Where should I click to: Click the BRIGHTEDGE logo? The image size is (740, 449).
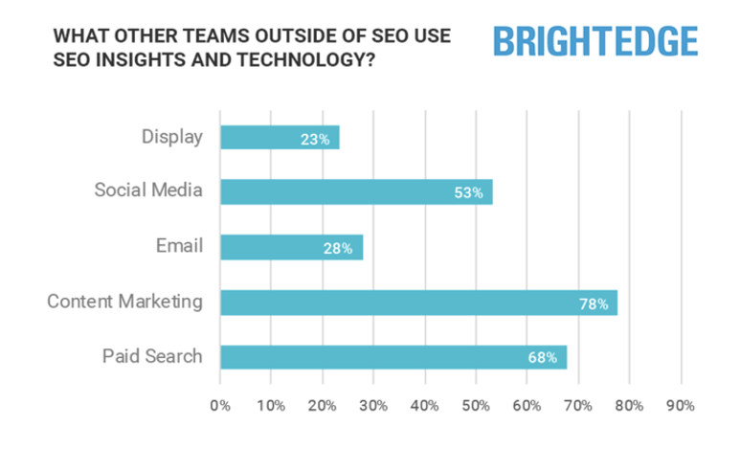[594, 41]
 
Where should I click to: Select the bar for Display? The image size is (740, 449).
[280, 137]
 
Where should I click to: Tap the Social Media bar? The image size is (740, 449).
[356, 191]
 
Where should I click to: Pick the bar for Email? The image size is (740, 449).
[291, 247]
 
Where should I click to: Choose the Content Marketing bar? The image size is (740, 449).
[418, 303]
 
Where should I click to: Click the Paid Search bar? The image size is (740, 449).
[392, 357]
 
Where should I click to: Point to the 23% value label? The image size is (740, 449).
[314, 138]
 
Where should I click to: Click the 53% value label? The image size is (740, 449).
[467, 192]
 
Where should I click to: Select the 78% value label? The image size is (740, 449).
[594, 303]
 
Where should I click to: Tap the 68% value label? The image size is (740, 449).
[543, 358]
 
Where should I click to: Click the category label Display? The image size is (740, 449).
[171, 137]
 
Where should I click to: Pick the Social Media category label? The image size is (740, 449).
[148, 191]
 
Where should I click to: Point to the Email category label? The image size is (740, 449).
[181, 246]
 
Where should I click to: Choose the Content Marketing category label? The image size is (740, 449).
[125, 302]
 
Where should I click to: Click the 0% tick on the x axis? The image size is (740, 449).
[220, 405]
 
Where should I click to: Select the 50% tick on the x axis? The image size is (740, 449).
[476, 405]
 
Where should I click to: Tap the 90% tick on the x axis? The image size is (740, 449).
[681, 405]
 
